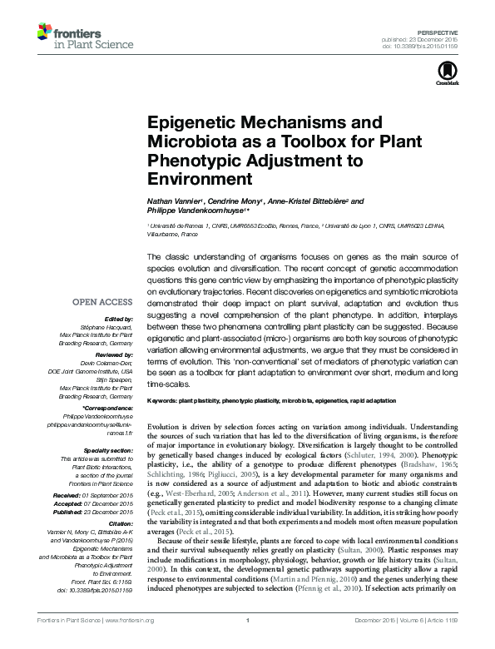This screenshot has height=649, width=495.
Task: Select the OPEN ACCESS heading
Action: [x=102, y=303]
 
